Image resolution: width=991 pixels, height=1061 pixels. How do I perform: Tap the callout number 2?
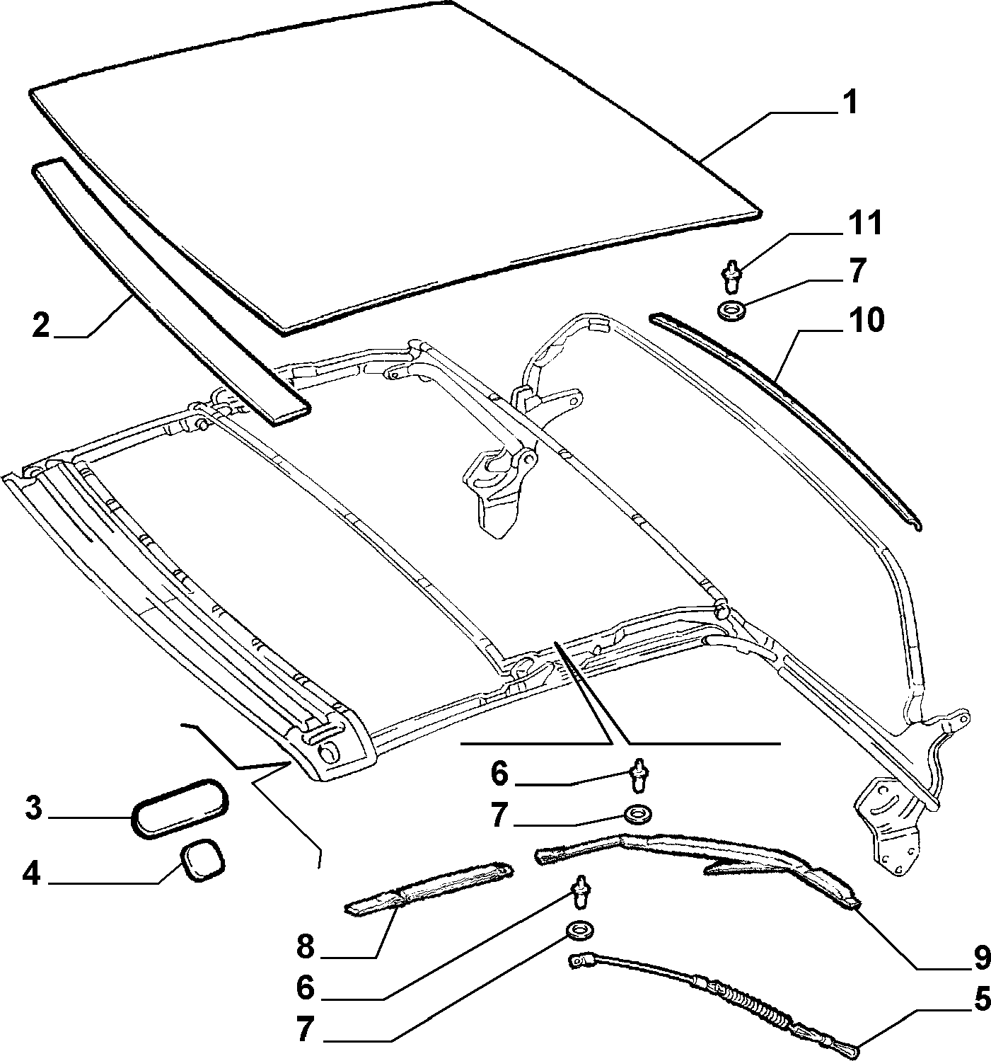(41, 325)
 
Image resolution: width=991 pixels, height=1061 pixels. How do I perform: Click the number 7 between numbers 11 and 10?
(857, 271)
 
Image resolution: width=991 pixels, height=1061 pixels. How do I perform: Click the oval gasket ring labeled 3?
(180, 808)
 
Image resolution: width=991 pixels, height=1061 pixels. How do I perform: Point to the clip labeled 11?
(731, 275)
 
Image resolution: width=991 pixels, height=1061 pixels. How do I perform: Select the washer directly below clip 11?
(729, 311)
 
